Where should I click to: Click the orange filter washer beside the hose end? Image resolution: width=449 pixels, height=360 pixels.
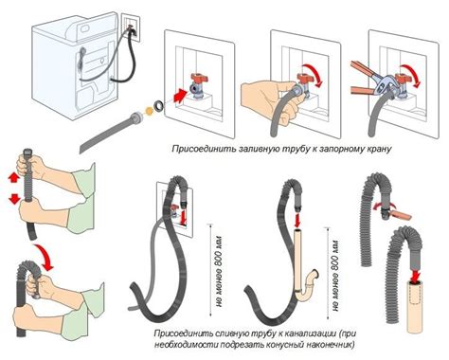[148, 111]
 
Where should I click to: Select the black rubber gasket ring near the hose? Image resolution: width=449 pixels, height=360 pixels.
[158, 105]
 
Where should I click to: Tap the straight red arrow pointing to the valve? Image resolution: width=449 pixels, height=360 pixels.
[180, 96]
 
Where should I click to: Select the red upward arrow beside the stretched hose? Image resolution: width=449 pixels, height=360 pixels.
[13, 178]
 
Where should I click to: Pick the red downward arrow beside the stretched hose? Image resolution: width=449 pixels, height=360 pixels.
[14, 199]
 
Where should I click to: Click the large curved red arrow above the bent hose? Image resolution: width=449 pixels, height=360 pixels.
[45, 257]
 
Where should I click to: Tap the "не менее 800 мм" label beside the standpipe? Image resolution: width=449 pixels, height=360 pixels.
[335, 276]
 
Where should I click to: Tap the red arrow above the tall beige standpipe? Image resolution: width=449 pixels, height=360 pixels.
[297, 221]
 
